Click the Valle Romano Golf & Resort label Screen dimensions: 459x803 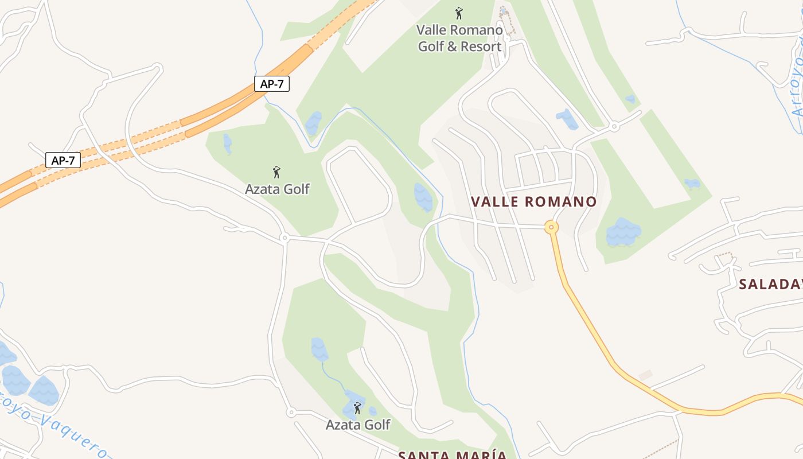pos(459,38)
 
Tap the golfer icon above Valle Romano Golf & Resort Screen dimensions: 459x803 pos(459,13)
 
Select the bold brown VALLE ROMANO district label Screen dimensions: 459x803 pos(533,201)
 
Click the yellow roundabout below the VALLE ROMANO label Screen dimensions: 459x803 pos(551,227)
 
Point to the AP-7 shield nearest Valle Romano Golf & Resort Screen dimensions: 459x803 pos(272,84)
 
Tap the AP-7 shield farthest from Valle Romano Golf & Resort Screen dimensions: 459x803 pos(63,160)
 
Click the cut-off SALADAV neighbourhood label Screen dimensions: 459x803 pos(770,284)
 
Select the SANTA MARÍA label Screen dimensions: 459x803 pos(453,455)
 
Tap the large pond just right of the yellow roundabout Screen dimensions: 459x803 pos(623,232)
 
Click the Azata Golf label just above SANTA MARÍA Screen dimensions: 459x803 pos(358,425)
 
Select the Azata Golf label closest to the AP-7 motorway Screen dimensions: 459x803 pos(277,189)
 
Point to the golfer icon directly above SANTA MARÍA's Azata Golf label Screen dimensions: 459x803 pos(357,408)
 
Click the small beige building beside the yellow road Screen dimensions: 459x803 pos(645,375)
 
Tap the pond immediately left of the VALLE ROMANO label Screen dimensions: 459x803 pos(423,197)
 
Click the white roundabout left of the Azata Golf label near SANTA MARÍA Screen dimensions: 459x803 pos(291,412)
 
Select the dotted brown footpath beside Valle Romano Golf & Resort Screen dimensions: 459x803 pos(507,23)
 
